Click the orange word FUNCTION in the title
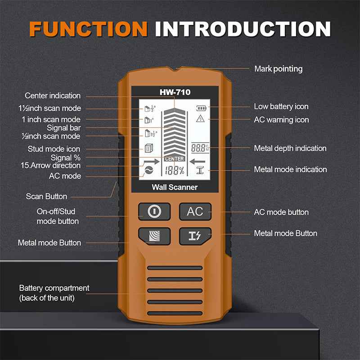(x=88, y=28)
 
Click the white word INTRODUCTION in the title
(x=243, y=28)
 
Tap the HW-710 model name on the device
(x=175, y=92)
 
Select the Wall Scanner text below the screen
(x=175, y=187)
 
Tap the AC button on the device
(x=195, y=211)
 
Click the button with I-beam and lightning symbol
(x=195, y=236)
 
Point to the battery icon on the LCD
(x=200, y=108)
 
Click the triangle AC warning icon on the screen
(x=200, y=119)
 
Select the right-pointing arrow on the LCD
(x=152, y=161)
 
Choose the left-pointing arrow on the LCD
(x=197, y=161)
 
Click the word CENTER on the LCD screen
(x=174, y=159)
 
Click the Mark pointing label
(x=278, y=69)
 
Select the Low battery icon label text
(x=281, y=107)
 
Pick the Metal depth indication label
(x=290, y=148)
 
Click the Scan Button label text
(x=46, y=196)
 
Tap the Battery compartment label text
(x=54, y=292)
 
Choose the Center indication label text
(x=53, y=95)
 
